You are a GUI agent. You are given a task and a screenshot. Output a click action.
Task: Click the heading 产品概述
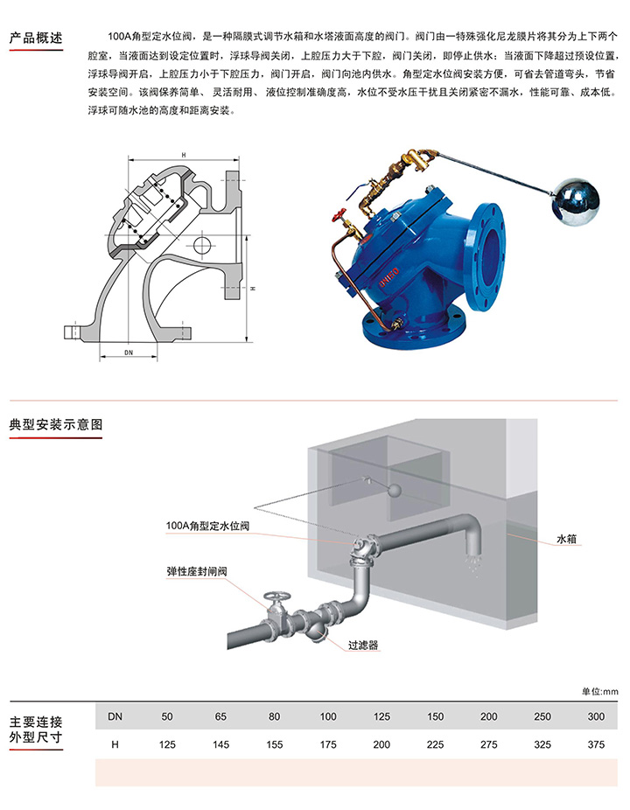36,38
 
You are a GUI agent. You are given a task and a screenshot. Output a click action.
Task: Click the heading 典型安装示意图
56,424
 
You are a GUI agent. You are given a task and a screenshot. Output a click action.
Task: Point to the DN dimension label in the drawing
129,353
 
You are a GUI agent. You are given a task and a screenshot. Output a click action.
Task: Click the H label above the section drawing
184,155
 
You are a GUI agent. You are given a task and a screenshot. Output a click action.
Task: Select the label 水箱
566,539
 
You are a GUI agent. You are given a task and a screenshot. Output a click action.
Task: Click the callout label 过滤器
363,646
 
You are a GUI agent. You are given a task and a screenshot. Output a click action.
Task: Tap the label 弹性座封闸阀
197,571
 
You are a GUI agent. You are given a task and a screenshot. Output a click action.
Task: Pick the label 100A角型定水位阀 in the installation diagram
207,526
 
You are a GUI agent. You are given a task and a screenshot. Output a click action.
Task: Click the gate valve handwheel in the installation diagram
277,597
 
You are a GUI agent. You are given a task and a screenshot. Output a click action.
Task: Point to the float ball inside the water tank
395,490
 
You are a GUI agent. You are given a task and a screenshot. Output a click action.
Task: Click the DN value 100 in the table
327,716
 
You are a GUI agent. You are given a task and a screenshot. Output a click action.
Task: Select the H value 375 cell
596,744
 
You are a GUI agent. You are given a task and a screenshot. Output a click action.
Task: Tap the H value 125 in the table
167,744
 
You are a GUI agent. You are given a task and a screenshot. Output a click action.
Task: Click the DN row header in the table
115,716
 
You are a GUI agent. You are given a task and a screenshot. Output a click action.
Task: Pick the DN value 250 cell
542,716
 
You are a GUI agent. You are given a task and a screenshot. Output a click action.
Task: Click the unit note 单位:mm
599,692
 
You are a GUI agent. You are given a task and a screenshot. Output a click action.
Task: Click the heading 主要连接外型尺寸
36,730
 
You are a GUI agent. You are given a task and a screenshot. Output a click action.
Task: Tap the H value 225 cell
435,744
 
